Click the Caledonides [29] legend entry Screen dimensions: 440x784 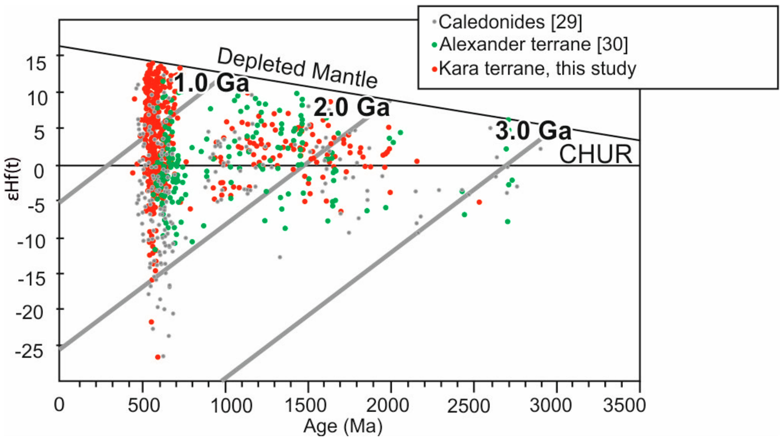510,22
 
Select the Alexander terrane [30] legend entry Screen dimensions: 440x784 533,45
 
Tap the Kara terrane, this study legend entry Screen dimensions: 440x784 537,68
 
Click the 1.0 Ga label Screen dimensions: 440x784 212,83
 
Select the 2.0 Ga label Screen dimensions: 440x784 351,107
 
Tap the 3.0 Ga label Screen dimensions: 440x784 533,131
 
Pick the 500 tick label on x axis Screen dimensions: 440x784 143,406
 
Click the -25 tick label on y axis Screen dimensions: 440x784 29,352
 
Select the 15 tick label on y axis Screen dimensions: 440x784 36,64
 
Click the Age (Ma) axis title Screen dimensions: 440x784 343,427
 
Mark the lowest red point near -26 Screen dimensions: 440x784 158,357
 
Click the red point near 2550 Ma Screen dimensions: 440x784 479,202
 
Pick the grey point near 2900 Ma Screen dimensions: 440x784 540,149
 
